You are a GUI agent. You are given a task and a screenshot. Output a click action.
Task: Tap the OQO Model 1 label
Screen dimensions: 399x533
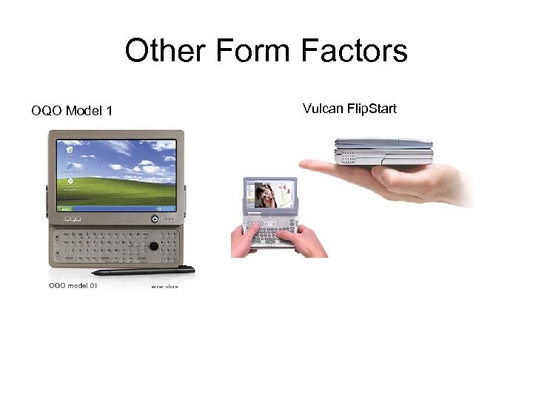72,112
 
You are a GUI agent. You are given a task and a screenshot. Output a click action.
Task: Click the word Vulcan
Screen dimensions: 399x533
323,109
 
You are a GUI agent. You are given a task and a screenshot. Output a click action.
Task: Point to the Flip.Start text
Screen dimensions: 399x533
372,109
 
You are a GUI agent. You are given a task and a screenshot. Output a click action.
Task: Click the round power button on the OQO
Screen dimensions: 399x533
154,219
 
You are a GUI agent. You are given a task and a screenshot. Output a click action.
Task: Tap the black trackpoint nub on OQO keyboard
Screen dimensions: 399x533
153,246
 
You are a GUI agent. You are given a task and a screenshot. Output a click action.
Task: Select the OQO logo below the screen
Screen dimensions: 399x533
72,219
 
